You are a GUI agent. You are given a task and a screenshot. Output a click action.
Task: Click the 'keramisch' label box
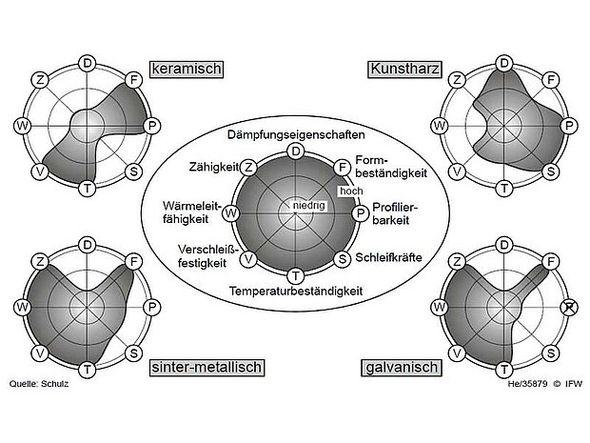(x=186, y=69)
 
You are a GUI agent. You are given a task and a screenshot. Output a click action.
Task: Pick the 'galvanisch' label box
(x=400, y=367)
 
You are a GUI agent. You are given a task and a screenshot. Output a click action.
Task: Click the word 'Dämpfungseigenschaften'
(x=295, y=136)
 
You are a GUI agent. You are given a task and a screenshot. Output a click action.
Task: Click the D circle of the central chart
(x=296, y=151)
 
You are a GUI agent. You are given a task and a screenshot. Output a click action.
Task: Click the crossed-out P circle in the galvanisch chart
(x=569, y=307)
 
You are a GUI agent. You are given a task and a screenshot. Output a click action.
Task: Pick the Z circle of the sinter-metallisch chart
(x=41, y=262)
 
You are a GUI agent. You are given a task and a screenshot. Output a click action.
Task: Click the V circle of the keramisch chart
(x=40, y=171)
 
